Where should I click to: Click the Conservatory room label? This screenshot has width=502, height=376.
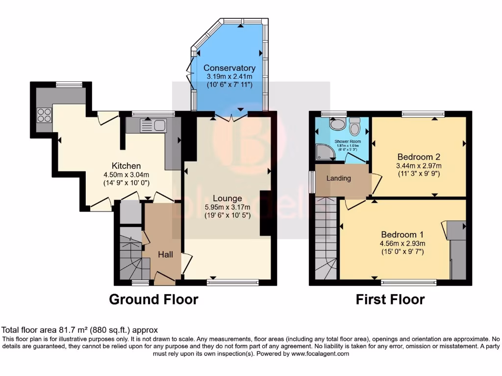tap(229, 68)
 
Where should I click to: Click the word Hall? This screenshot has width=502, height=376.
tap(166, 255)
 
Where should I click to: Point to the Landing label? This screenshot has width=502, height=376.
tap(339, 178)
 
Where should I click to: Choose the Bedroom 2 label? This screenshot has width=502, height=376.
tap(419, 157)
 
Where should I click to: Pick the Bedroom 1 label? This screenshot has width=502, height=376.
tap(402, 234)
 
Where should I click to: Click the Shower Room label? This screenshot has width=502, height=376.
tap(348, 141)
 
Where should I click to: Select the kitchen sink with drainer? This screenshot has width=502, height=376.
tap(153, 126)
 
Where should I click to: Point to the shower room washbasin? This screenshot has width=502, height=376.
tap(337, 124)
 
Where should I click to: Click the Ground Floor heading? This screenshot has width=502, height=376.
tap(153, 299)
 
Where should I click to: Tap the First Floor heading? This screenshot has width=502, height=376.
tap(390, 299)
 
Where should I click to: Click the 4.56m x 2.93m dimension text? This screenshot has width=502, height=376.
tap(402, 243)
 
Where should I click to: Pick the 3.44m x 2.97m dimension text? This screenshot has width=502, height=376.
tap(419, 166)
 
